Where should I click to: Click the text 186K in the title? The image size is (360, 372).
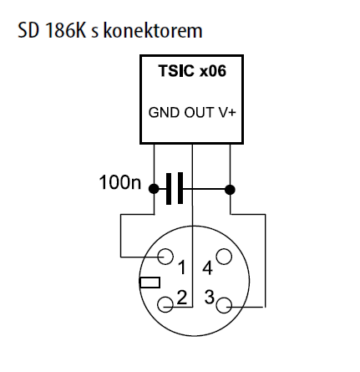[65, 30]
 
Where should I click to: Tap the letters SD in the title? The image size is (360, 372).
[28, 30]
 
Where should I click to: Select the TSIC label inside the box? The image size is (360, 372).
[176, 71]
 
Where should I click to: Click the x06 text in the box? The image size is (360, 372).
[213, 71]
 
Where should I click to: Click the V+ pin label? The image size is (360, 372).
[226, 113]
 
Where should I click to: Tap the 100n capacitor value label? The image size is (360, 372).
[120, 183]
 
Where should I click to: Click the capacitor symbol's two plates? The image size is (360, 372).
[175, 189]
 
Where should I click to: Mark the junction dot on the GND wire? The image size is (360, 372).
[154, 189]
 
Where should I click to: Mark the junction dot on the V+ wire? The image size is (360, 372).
[230, 190]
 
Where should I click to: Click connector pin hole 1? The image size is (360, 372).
[165, 256]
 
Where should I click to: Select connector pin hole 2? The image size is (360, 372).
[165, 304]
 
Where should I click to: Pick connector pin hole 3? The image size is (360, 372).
[224, 305]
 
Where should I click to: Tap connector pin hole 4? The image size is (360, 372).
[224, 257]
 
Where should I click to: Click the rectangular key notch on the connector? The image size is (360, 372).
[150, 283]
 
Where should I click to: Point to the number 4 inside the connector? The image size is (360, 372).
[208, 268]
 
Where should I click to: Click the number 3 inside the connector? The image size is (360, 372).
[210, 297]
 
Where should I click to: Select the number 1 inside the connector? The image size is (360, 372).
[182, 268]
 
